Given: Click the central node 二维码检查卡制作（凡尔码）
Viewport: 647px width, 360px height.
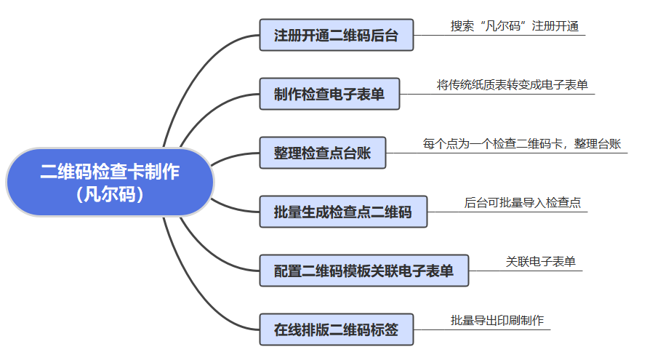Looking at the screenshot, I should tap(110, 183).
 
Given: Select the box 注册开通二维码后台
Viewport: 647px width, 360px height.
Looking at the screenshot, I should tap(336, 35).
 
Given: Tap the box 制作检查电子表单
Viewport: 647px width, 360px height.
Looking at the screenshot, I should tap(329, 94).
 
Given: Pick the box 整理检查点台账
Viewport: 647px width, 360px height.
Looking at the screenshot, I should tap(322, 153).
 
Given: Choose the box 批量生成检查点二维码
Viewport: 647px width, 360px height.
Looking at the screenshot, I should tap(342, 212).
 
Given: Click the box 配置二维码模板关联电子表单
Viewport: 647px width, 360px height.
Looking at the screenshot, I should tap(363, 271).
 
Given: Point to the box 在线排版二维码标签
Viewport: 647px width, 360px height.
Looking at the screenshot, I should tap(336, 329).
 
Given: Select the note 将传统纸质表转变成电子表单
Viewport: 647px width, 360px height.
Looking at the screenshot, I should tap(512, 85).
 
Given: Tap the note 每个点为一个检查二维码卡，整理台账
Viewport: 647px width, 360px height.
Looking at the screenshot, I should tap(521, 144).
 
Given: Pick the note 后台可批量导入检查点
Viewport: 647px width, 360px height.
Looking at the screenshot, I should tap(522, 203).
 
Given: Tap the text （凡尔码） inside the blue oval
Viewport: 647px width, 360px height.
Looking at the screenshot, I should tap(110, 195).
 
